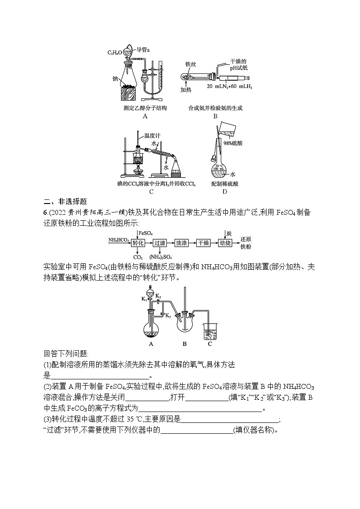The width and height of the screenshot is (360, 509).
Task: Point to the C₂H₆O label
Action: tap(115, 53)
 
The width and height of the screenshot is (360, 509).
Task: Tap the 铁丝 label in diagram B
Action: tap(190, 65)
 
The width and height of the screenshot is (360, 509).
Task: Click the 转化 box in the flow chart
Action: tap(138, 243)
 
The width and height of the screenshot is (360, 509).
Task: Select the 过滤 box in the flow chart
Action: tap(160, 243)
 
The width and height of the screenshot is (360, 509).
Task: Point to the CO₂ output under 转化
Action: tap(138, 257)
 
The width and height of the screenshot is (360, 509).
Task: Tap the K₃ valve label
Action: tap(168, 315)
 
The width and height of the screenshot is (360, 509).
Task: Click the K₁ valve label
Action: tap(144, 299)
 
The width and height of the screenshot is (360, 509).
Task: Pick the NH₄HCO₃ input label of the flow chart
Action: tap(118, 240)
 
